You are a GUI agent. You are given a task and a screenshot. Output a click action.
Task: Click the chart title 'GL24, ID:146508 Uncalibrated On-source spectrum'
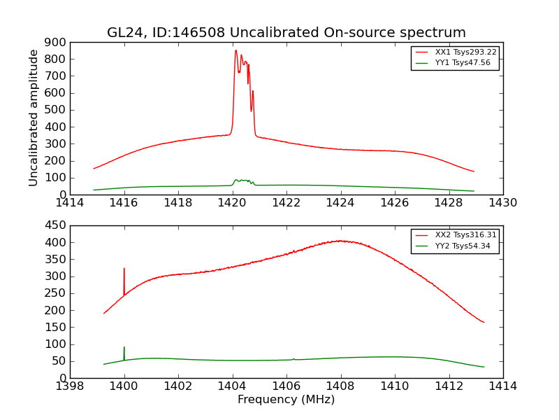286,33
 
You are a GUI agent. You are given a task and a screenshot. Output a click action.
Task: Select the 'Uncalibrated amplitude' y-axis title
34,118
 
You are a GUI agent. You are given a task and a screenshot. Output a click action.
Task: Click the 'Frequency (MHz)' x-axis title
286,400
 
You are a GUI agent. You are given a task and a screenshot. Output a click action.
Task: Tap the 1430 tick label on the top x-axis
502,203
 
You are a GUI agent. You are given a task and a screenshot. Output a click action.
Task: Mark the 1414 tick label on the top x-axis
70,203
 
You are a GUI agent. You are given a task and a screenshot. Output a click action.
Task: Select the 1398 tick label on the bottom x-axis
70,386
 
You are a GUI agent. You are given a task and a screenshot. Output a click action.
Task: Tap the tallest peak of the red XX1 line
235,50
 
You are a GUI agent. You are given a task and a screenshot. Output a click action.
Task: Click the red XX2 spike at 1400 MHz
124,268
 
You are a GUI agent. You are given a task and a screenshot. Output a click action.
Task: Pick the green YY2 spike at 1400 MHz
124,347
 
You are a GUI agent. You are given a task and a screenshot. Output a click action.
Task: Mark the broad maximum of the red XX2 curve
340,241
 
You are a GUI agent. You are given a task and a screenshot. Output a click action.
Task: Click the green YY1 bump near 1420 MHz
242,180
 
